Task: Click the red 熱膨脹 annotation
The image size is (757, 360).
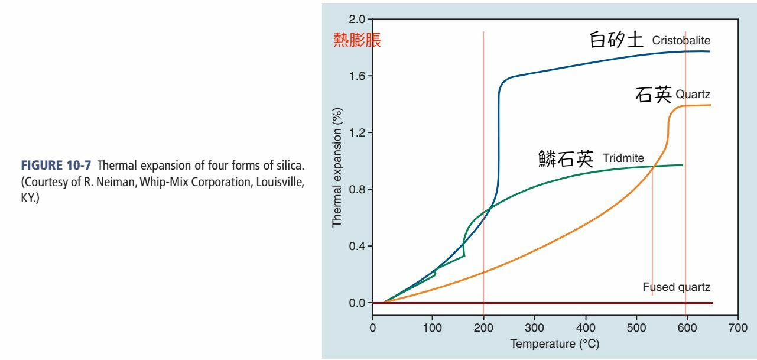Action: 357,40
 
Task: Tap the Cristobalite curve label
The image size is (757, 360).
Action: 681,41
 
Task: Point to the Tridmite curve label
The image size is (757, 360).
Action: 623,158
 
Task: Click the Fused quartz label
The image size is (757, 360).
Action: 676,287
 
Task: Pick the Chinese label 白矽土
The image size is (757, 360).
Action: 616,40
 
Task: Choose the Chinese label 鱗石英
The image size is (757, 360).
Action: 566,158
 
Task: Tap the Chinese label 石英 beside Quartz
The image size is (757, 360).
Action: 654,95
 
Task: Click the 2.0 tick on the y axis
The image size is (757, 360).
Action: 357,20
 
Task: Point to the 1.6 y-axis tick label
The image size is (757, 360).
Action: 357,76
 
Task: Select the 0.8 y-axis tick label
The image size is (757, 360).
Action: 357,190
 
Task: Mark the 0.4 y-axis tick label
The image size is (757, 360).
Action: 357,247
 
